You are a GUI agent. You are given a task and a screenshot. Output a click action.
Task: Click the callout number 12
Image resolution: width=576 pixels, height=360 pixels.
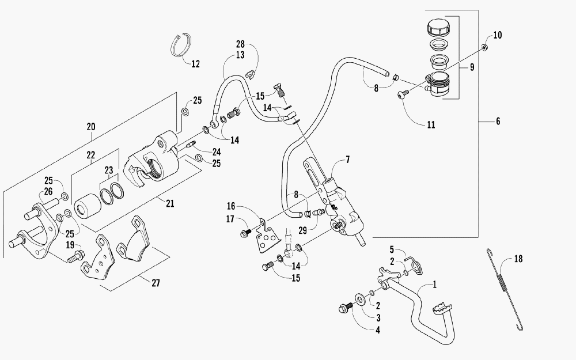[x=195, y=64]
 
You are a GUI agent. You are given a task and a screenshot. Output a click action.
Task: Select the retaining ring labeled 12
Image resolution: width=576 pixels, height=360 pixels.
[x=181, y=45]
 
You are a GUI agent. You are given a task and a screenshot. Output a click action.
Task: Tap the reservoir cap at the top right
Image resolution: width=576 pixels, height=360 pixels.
[x=439, y=28]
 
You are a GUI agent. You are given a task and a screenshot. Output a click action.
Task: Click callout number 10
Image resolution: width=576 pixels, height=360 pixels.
[x=498, y=35]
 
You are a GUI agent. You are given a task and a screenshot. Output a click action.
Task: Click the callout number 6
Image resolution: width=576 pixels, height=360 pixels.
[x=498, y=121]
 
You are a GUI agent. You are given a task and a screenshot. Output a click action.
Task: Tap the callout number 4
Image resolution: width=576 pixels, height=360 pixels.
[x=378, y=330]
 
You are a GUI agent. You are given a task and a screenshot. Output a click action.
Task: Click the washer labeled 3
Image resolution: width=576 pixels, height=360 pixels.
[x=359, y=299]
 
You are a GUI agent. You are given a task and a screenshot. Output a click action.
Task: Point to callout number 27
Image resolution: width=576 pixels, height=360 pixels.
[x=156, y=283]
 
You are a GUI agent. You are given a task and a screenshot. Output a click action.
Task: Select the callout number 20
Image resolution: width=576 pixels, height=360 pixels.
[x=91, y=127]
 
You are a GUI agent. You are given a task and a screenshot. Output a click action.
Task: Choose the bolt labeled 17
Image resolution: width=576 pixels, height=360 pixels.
[x=245, y=232]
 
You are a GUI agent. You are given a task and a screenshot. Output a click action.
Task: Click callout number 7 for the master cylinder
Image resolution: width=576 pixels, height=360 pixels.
[x=347, y=160]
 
